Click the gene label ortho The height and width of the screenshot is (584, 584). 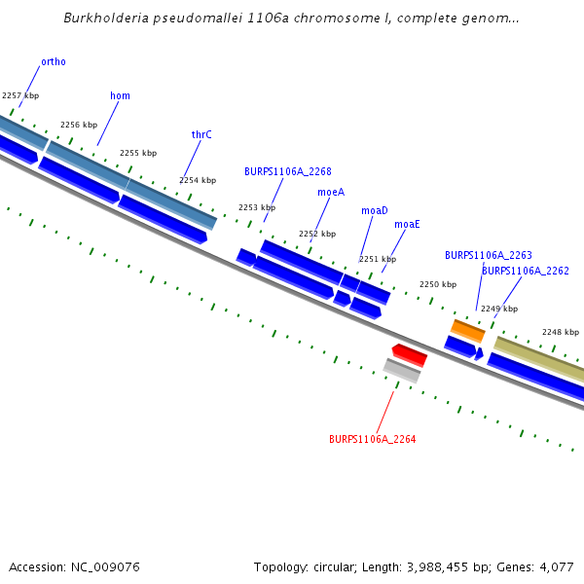tap(54, 61)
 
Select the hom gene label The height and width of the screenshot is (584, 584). tap(120, 95)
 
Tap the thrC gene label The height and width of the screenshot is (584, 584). tap(201, 134)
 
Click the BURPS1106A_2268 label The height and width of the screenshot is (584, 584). tap(287, 171)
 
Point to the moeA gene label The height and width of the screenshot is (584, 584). tap(331, 192)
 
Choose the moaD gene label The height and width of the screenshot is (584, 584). tap(375, 210)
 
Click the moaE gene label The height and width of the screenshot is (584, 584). tap(407, 224)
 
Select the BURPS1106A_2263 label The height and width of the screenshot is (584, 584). tap(489, 255)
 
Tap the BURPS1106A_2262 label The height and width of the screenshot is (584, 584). tap(526, 271)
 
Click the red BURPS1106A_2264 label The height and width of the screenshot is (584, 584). tap(372, 439)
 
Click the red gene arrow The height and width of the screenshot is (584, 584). tap(409, 354)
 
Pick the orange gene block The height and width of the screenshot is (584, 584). tap(468, 331)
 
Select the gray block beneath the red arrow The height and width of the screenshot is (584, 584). tap(402, 371)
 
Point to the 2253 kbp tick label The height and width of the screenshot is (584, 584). tap(257, 207)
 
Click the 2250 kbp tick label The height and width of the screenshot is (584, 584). tap(438, 284)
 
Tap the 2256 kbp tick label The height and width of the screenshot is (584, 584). tap(79, 125)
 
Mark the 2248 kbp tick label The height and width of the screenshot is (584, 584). tap(561, 332)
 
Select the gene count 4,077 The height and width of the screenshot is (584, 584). tap(556, 566)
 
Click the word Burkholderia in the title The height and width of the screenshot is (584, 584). tap(99, 18)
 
